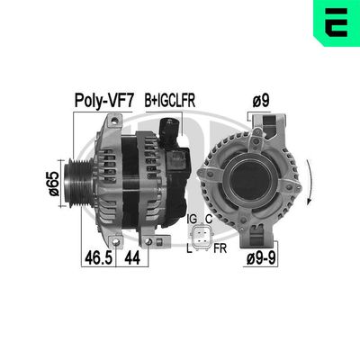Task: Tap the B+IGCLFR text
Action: [x=169, y=100]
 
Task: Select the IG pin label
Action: [x=192, y=220]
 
